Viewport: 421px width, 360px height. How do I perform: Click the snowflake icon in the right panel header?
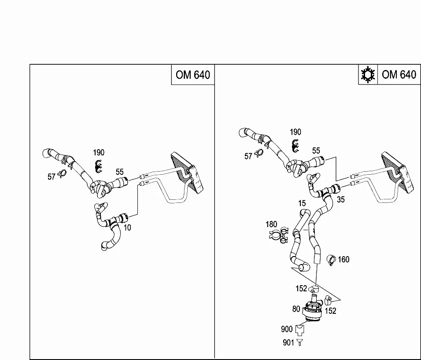[368, 75]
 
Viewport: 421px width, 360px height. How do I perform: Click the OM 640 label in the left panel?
[193, 75]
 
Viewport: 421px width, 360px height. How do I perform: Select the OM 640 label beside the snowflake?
[399, 74]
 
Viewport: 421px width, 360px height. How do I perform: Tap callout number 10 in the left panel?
[127, 228]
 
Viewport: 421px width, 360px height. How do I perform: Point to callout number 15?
[302, 203]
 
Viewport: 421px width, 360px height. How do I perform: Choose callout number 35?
[341, 199]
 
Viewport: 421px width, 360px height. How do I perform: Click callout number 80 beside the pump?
[296, 309]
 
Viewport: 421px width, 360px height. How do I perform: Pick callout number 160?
[343, 259]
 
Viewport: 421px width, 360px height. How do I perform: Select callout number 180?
[271, 224]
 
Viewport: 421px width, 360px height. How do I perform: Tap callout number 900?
[287, 329]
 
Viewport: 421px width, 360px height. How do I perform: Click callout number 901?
[288, 342]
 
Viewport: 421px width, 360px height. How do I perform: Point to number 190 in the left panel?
[99, 153]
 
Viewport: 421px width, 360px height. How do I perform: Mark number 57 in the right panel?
[248, 156]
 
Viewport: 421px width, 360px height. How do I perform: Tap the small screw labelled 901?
[299, 342]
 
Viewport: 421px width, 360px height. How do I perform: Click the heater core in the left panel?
[188, 173]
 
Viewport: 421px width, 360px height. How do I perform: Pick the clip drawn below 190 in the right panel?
[295, 146]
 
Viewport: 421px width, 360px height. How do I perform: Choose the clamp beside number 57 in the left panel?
[62, 173]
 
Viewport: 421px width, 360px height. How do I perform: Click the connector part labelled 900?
[299, 330]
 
